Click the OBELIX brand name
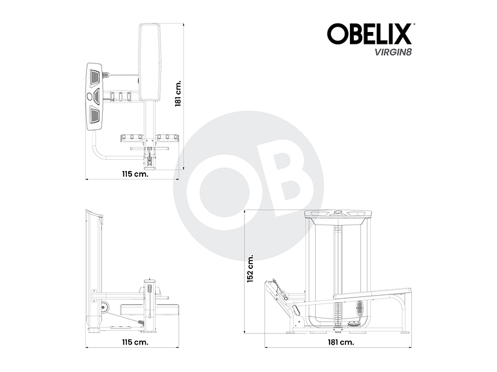click(x=369, y=34)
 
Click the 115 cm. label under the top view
click(x=135, y=174)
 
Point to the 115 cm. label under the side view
click(x=135, y=341)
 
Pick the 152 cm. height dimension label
click(x=249, y=268)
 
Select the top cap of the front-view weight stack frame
click(x=338, y=215)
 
